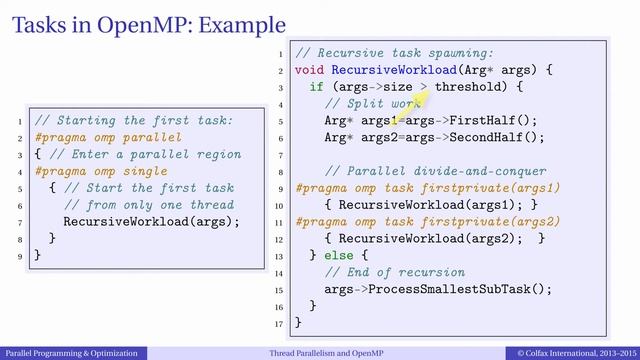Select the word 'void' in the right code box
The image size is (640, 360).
(310, 71)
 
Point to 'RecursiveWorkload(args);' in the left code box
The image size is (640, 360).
(152, 221)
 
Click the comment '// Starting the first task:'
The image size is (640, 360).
(132, 121)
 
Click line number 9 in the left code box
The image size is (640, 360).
(21, 256)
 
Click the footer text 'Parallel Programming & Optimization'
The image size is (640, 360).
(72, 353)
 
